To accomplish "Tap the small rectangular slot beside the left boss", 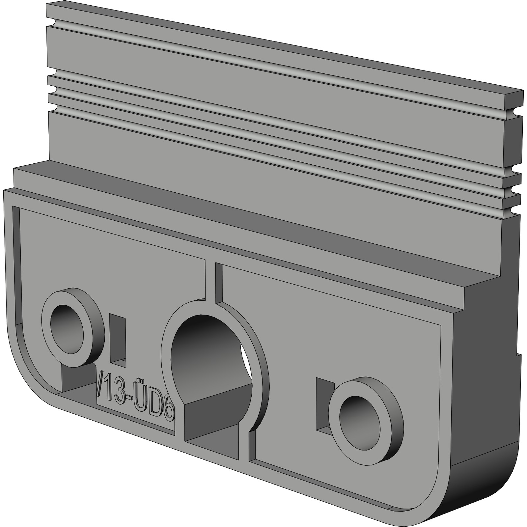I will (118, 339).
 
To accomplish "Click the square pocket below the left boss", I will (77, 379).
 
